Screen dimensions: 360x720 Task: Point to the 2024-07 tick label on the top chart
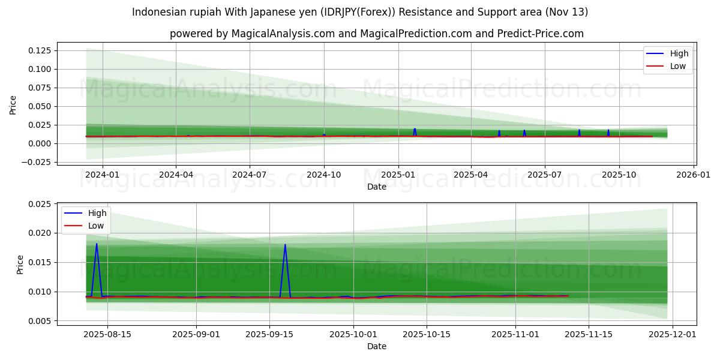[250, 175]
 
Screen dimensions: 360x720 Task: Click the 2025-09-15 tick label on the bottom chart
[269, 334]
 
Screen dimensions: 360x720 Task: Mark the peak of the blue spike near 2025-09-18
[285, 245]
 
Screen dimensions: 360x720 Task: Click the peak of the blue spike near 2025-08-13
[97, 244]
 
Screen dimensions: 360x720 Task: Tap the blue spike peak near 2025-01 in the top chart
[415, 129]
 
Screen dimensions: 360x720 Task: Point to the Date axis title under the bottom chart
[377, 346]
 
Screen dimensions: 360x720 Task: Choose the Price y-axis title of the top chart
[13, 104]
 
